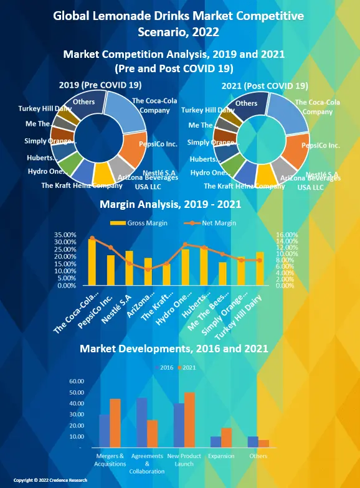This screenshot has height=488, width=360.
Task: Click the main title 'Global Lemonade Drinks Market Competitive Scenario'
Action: (180, 23)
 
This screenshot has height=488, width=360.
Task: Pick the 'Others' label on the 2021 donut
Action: (247, 103)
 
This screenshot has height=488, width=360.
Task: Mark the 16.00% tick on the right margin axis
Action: (287, 235)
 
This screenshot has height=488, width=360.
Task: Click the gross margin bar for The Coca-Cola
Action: (92, 262)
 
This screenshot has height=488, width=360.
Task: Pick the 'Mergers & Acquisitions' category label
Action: (110, 460)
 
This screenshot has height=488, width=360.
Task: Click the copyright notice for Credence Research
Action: (50, 481)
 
